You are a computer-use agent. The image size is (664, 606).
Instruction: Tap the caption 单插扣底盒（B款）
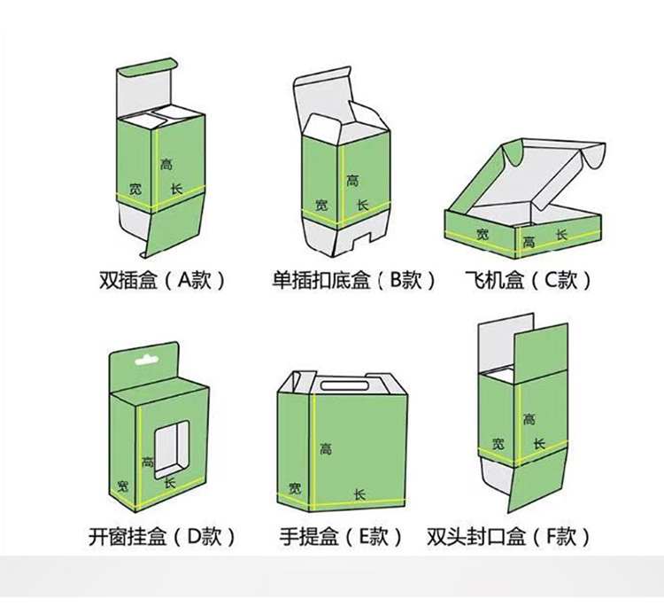click(x=353, y=281)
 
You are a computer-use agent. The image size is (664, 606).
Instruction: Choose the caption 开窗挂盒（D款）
click(x=161, y=536)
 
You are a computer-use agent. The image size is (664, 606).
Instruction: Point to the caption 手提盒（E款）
click(x=341, y=536)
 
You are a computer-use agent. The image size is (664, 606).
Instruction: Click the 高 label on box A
click(x=166, y=164)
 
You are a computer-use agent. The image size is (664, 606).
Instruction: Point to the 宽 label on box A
click(x=135, y=189)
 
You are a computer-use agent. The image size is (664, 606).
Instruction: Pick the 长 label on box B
click(x=361, y=205)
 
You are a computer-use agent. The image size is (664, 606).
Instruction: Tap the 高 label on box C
click(x=529, y=241)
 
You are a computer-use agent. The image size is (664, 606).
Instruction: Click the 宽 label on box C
click(x=482, y=234)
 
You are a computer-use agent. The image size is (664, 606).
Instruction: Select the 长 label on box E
click(x=359, y=494)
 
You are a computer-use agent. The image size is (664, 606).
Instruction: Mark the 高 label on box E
click(x=326, y=450)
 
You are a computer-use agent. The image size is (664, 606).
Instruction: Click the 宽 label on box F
click(x=499, y=444)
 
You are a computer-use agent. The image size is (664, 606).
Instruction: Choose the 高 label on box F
click(x=529, y=418)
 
